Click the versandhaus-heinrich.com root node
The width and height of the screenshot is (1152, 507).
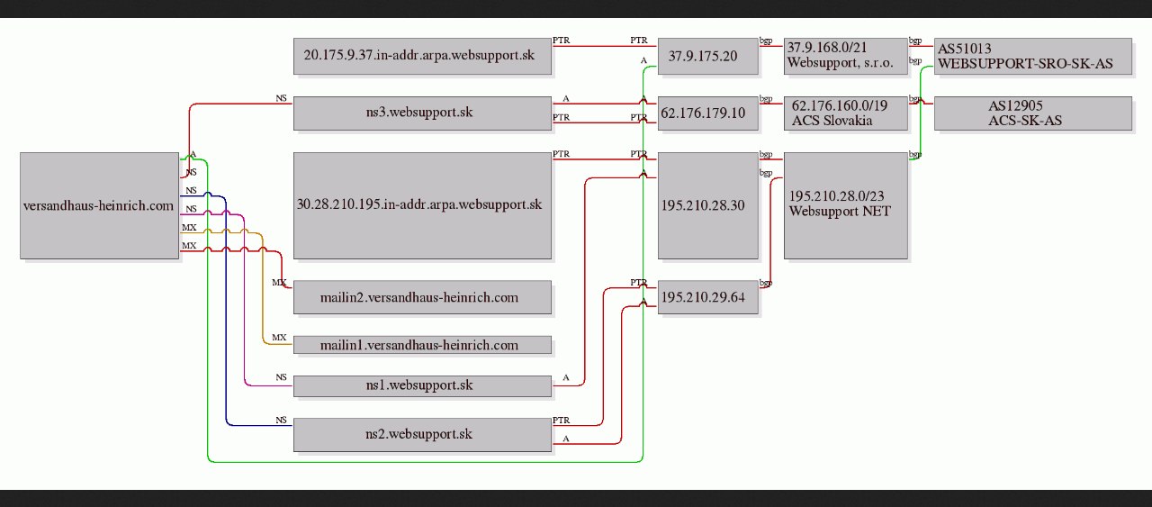point(99,205)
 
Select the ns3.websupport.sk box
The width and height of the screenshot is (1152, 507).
point(422,113)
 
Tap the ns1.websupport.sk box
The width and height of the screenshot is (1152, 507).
point(422,386)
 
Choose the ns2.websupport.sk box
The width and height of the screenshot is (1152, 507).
point(422,435)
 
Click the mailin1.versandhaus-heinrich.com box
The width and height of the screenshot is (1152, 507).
point(422,345)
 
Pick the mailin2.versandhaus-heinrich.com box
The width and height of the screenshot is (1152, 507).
point(422,297)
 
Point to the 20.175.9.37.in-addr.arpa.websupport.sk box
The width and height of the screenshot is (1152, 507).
point(422,56)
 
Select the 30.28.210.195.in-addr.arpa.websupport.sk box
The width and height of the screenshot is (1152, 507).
point(422,205)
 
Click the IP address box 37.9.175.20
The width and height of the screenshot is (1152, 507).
point(708,56)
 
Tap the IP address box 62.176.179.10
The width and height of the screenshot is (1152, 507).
point(708,113)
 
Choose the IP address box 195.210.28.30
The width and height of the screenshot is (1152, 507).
point(708,205)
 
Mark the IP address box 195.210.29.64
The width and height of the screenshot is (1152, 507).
point(708,297)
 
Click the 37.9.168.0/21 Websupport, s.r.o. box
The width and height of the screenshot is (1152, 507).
point(846,56)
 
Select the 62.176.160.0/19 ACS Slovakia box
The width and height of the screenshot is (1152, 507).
point(846,113)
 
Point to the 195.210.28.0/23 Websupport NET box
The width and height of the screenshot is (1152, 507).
point(846,205)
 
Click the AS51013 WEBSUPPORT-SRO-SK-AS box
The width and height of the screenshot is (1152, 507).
point(1033,56)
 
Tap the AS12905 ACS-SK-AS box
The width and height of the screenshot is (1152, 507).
point(1033,113)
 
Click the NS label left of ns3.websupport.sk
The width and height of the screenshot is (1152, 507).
point(281,98)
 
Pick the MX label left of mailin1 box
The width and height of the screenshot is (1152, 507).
point(279,338)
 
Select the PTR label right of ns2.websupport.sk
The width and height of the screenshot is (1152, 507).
point(561,421)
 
